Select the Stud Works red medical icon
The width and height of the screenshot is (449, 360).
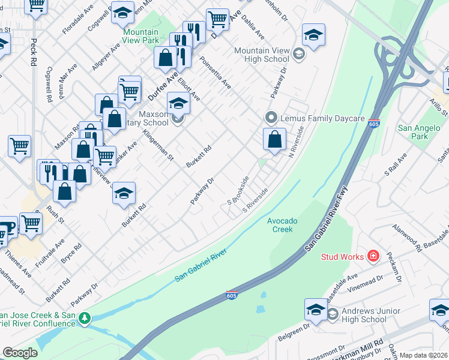(373, 256)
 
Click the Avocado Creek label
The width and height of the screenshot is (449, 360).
(280, 224)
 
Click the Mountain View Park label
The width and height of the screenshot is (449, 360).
(141, 36)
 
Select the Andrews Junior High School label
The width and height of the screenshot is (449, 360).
(364, 315)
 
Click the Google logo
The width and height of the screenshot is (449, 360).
(20, 353)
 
